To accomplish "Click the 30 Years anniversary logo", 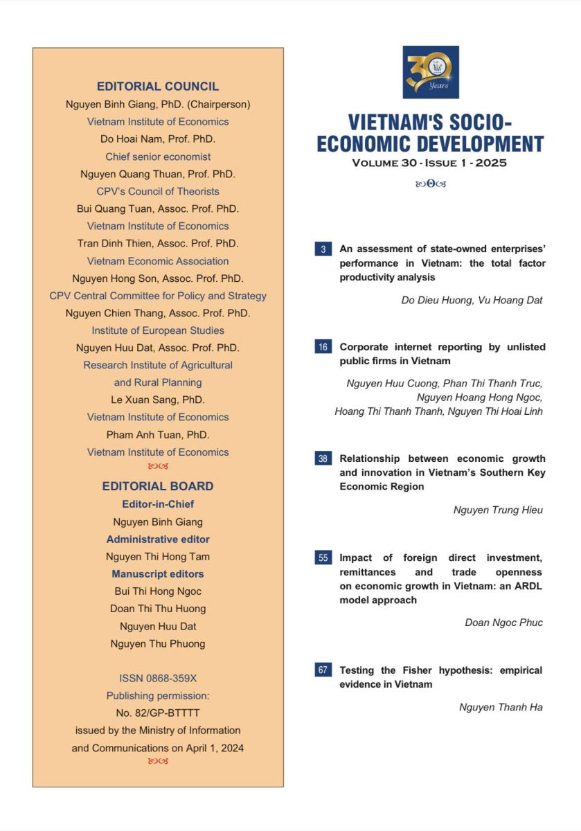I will point(430,72).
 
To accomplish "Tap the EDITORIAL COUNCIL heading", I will point(158,87).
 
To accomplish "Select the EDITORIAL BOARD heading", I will point(158,486).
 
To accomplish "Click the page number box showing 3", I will point(323,249).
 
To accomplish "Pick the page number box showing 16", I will point(323,347).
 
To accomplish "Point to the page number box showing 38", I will point(323,458).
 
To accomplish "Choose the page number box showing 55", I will point(323,557).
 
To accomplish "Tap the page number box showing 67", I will point(323,670).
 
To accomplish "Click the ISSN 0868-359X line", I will point(158,679).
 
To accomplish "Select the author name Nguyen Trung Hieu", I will point(498,510).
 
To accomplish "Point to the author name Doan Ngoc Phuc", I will point(503,623).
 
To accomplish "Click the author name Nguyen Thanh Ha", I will point(501,707).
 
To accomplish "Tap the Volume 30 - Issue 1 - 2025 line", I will point(429,163).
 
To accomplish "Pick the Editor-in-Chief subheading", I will point(158,504).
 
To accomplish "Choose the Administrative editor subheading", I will point(158,539).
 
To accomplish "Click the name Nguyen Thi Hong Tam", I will point(158,557).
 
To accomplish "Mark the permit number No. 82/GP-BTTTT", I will point(158,713).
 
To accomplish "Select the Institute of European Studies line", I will point(158,330).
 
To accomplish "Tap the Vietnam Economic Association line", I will point(158,261).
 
